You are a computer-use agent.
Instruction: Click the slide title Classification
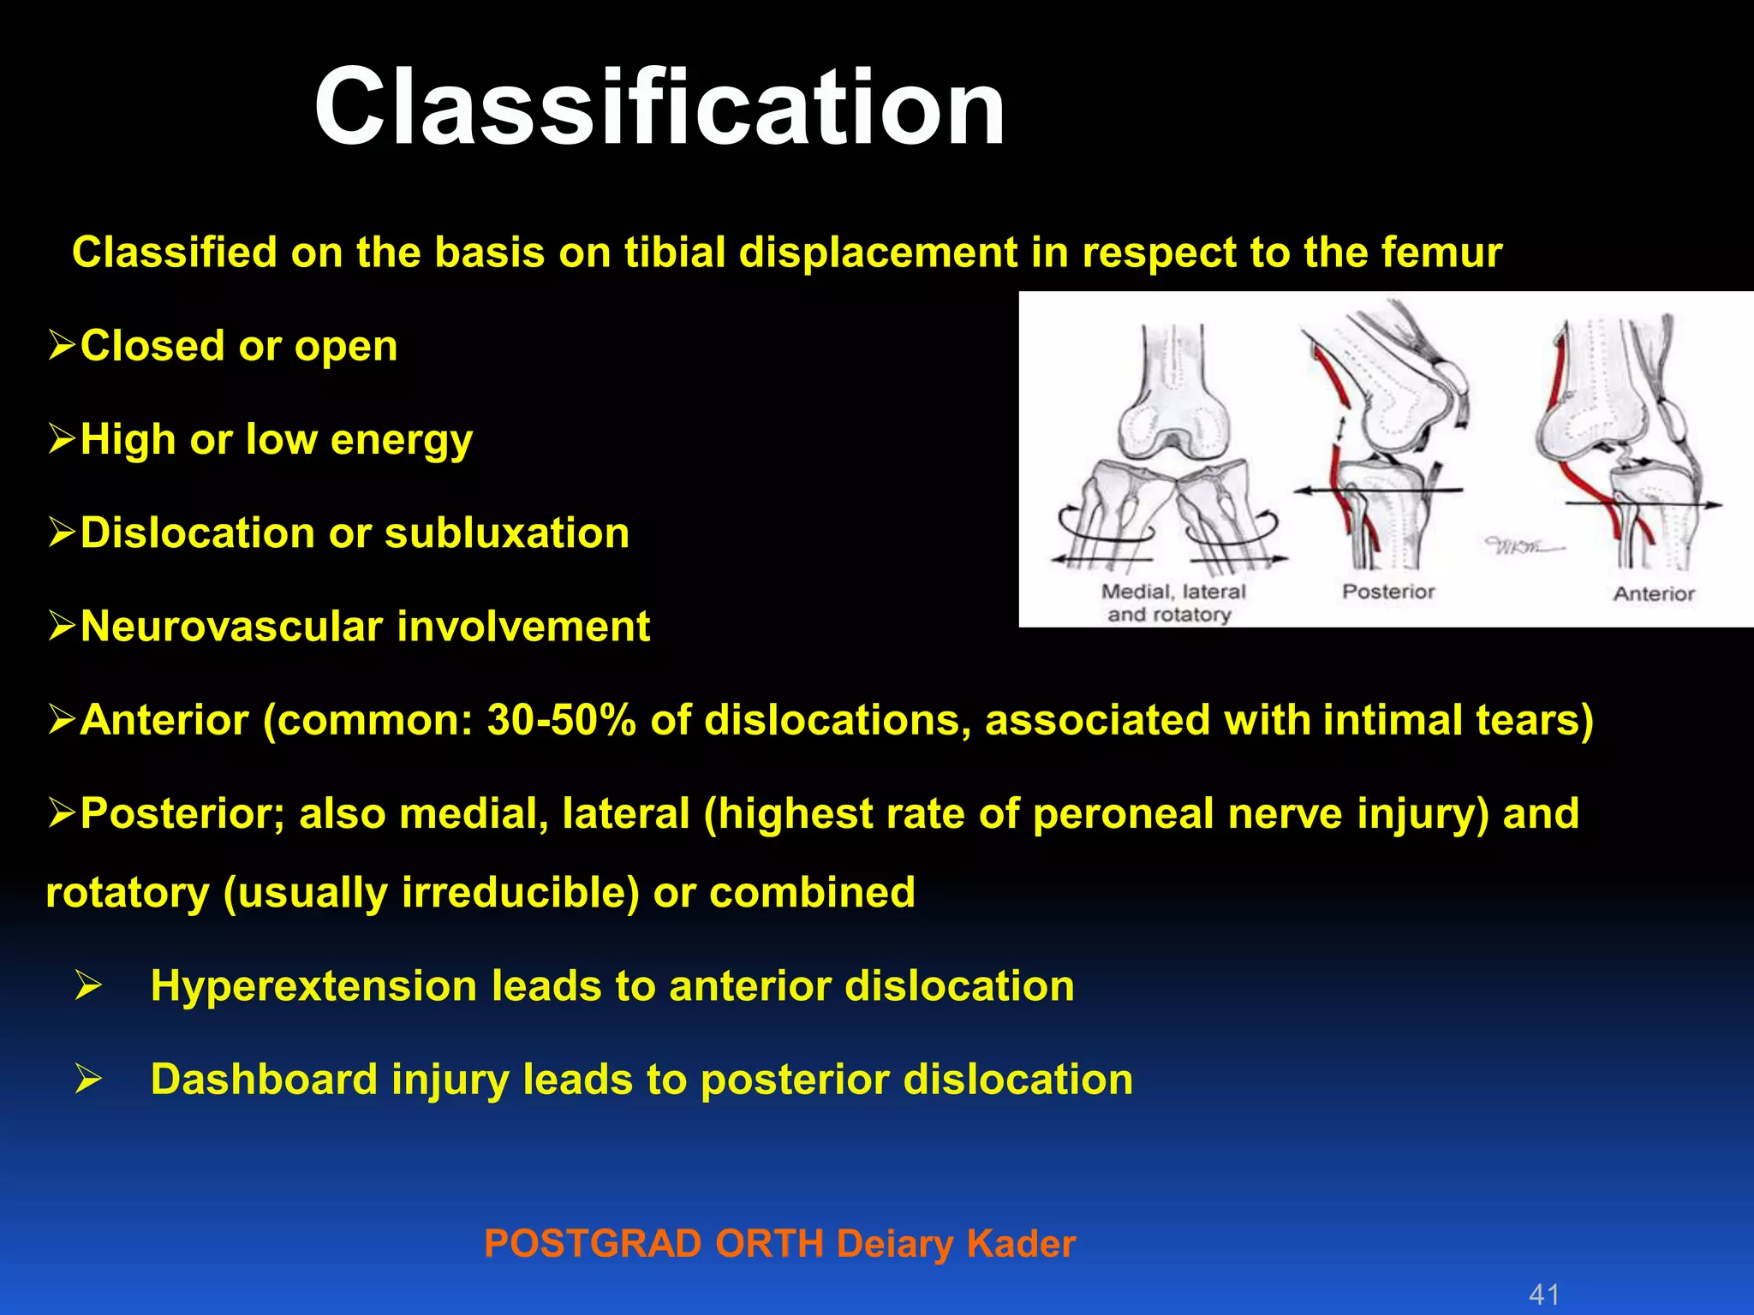pyautogui.click(x=659, y=107)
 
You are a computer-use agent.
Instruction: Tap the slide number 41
pyautogui.click(x=1543, y=1294)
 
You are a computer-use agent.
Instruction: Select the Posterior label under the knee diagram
pyautogui.click(x=1387, y=592)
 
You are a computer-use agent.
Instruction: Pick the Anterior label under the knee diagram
pyautogui.click(x=1653, y=593)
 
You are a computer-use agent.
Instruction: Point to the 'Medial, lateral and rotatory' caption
pyautogui.click(x=1172, y=603)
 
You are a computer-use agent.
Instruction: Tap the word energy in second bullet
pyautogui.click(x=401, y=440)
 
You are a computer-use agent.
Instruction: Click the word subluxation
pyautogui.click(x=507, y=533)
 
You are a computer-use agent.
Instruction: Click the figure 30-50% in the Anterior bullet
pyautogui.click(x=561, y=720)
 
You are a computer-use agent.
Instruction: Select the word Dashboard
pyautogui.click(x=264, y=1080)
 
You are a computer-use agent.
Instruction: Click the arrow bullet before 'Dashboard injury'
pyautogui.click(x=87, y=1080)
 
